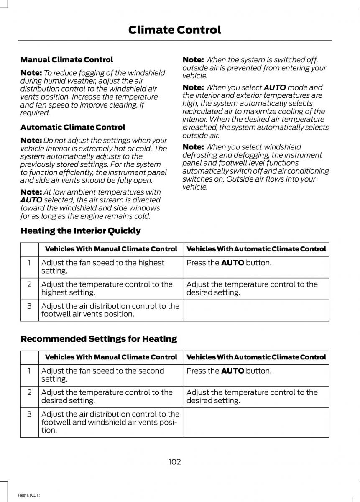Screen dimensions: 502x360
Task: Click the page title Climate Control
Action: tap(174, 30)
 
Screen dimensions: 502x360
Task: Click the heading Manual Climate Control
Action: tap(66, 60)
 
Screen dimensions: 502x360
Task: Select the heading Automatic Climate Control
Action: tap(72, 127)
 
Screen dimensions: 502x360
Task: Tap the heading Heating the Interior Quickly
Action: tap(80, 231)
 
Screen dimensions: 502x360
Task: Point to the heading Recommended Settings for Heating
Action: tap(98, 338)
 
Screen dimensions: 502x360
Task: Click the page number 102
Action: tap(175, 462)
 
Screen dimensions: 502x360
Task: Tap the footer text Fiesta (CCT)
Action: tap(29, 495)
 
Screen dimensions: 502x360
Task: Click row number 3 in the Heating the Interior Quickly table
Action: tap(29, 306)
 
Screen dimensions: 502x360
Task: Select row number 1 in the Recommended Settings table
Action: tap(29, 371)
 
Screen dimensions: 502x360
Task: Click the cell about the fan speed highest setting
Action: tap(102, 266)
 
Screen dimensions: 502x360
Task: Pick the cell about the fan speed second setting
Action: tap(102, 375)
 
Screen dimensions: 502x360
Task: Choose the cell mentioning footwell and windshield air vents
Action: tap(110, 422)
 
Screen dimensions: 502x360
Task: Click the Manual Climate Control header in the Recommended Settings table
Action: tap(111, 357)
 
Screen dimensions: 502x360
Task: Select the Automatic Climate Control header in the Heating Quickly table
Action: tap(256, 249)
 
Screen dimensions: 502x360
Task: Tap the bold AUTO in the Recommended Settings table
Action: tap(232, 371)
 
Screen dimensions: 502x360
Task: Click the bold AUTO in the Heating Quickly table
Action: tap(232, 263)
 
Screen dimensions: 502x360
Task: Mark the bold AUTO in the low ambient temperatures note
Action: tap(31, 200)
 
